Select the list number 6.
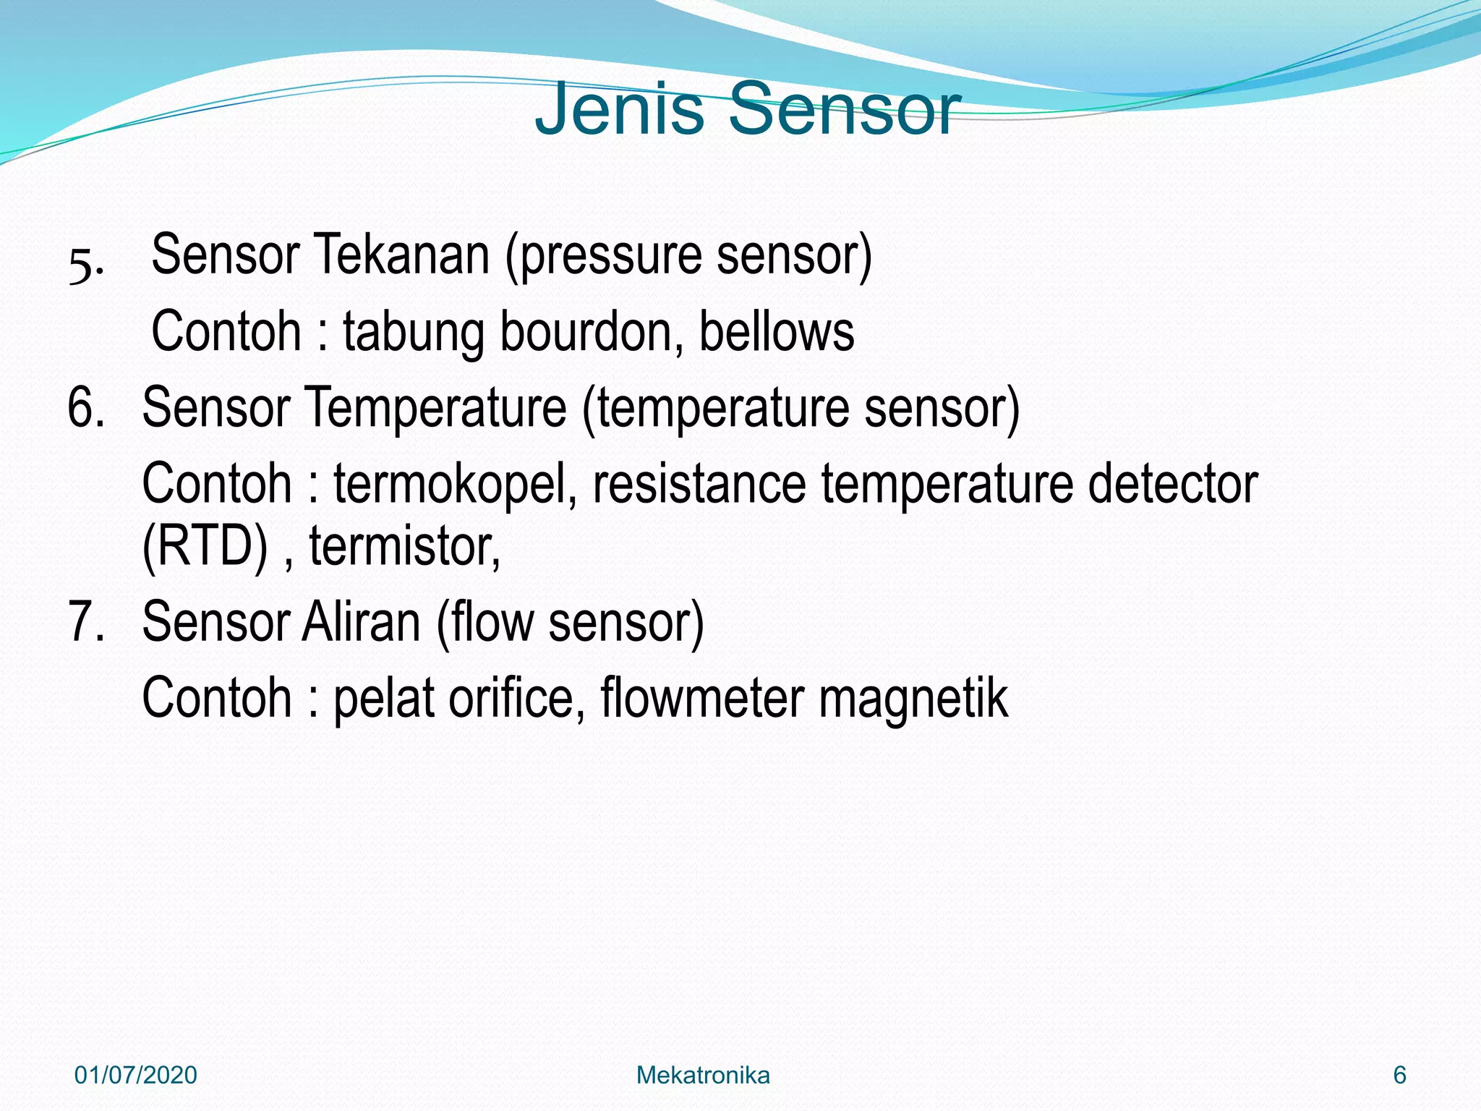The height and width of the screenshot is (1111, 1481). click(x=85, y=408)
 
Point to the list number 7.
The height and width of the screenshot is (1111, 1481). click(x=85, y=622)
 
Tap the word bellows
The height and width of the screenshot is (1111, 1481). click(x=777, y=331)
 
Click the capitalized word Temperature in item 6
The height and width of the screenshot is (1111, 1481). click(x=437, y=409)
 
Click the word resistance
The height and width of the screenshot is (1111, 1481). click(x=699, y=485)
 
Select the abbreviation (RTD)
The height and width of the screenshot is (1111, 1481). click(x=205, y=547)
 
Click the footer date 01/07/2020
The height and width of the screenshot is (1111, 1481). click(x=136, y=1076)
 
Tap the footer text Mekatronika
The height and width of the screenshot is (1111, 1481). click(x=703, y=1076)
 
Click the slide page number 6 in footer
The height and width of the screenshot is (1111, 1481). click(x=1399, y=1076)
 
